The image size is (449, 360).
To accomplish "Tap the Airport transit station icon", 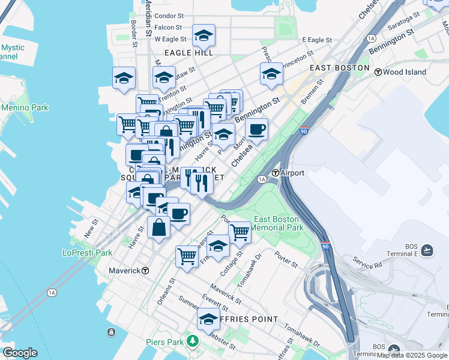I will click(x=275, y=173).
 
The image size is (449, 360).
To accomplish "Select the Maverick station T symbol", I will click(x=145, y=271).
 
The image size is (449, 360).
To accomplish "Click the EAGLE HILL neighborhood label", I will click(x=189, y=53).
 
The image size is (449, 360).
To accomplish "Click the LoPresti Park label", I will click(x=87, y=253).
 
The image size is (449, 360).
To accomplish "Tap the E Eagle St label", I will click(x=317, y=40).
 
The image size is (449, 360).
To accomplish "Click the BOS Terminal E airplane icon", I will click(x=427, y=249).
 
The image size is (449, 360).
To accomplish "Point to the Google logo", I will click(x=20, y=353).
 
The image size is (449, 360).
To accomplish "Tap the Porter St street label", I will click(x=286, y=263).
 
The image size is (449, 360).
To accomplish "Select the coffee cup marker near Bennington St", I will click(x=256, y=129).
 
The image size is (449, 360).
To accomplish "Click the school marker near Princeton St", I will click(x=271, y=74).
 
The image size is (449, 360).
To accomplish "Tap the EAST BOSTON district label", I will click(x=339, y=68).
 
